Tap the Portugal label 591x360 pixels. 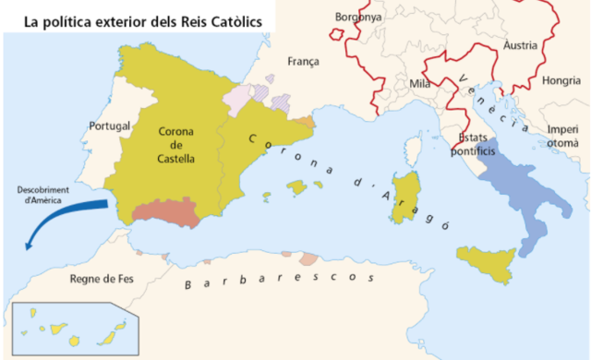click(109, 126)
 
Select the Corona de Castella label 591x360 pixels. click(175, 144)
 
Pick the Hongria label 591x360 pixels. click(561, 80)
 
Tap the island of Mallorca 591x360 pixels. click(297, 187)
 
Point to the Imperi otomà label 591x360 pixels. click(562, 137)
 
